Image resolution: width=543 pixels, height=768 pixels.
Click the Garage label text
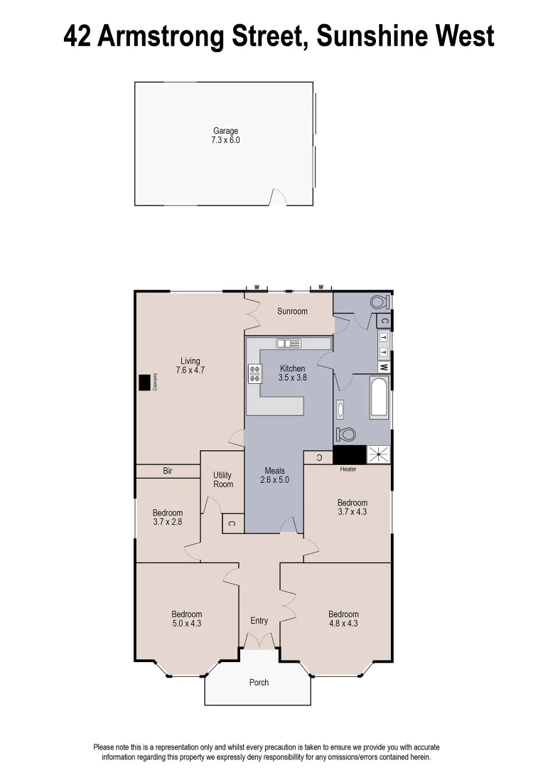(x=226, y=131)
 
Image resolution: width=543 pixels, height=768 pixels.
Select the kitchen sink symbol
(x=289, y=344)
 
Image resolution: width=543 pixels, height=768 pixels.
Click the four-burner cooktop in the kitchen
(x=254, y=373)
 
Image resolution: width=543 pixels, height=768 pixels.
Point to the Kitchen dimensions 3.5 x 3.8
(x=292, y=378)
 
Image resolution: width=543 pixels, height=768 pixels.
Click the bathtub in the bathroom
(x=378, y=399)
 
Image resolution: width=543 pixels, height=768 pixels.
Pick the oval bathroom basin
(x=340, y=409)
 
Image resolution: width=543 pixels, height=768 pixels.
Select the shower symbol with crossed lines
(x=378, y=454)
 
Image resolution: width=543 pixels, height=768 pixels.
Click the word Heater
(x=348, y=469)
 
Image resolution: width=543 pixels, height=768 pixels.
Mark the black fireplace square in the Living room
(x=145, y=383)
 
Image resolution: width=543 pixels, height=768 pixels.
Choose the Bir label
(x=168, y=471)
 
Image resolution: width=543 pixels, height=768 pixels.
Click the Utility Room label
(x=223, y=479)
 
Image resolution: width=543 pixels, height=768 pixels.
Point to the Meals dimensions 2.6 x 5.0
(x=274, y=480)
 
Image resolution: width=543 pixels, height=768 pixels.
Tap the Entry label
(x=259, y=621)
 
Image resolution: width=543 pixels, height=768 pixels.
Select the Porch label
(x=259, y=683)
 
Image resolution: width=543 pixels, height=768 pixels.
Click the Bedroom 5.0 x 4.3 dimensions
(x=187, y=624)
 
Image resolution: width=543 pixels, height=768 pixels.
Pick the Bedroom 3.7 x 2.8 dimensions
(x=168, y=522)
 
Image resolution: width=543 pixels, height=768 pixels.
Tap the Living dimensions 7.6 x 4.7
(x=190, y=370)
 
